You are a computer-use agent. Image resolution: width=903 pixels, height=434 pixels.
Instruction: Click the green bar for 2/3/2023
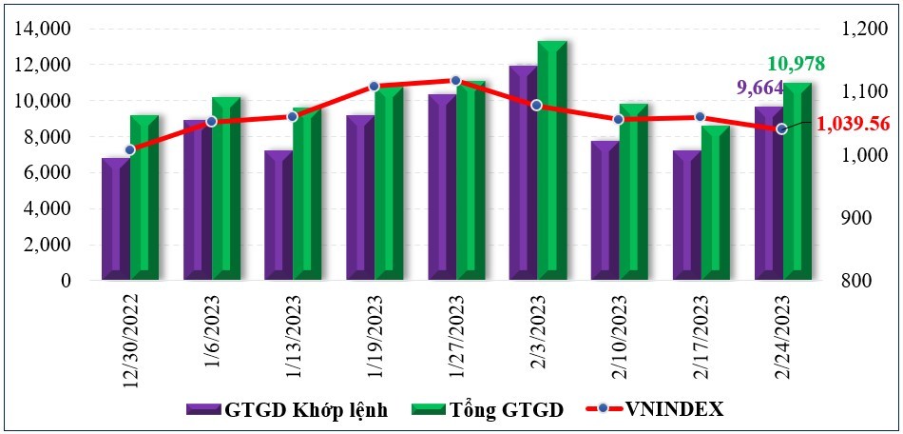(551, 162)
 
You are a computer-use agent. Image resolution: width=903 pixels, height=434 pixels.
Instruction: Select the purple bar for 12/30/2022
(115, 219)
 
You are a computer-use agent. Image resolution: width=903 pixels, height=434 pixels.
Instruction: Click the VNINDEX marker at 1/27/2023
(455, 81)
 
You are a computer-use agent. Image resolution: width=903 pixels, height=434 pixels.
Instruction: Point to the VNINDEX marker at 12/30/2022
(130, 149)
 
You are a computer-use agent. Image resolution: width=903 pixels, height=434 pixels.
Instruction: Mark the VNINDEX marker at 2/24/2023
(781, 128)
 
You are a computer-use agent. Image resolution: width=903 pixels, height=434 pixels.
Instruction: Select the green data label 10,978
(796, 65)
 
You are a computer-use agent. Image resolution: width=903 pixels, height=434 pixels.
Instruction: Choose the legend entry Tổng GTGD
(488, 410)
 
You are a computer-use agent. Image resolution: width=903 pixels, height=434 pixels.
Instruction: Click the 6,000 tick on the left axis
(48, 173)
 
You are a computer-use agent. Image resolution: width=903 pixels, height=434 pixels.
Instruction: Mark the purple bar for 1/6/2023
(197, 200)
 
